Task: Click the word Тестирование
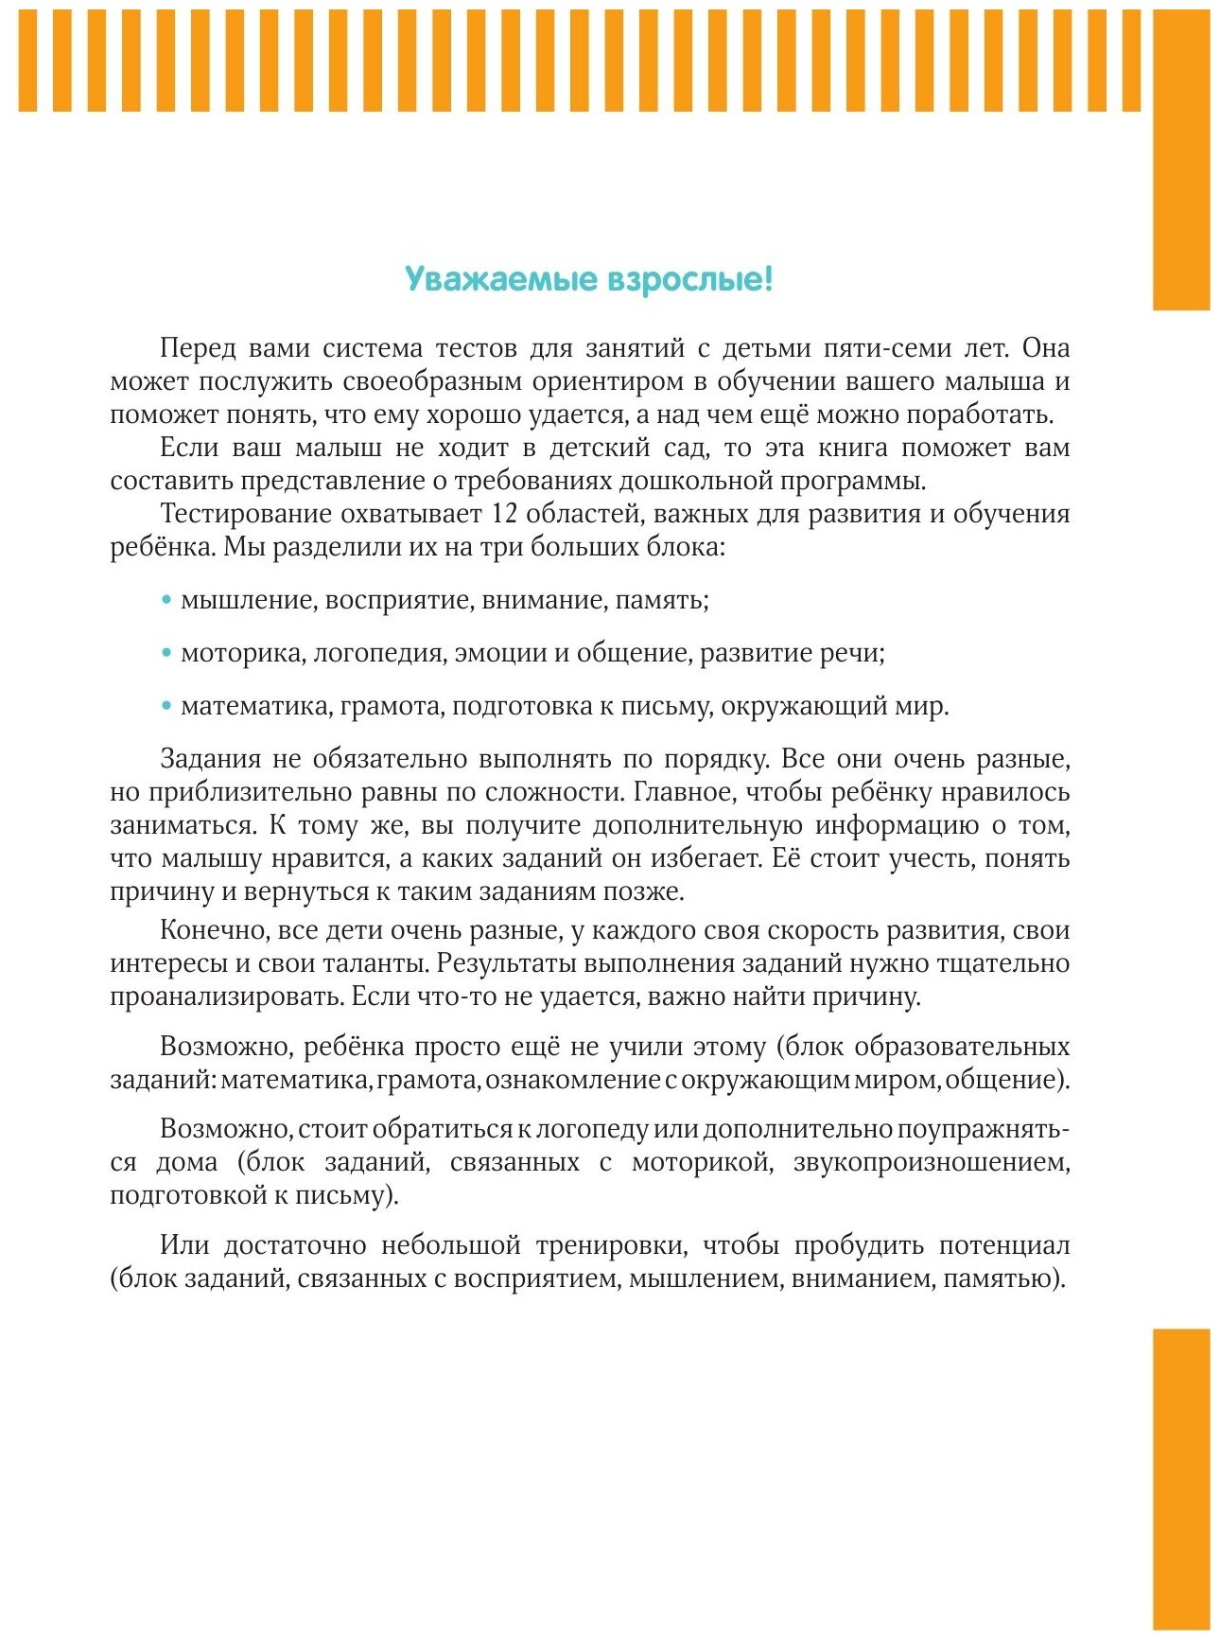click(x=241, y=514)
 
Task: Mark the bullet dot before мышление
click(x=166, y=599)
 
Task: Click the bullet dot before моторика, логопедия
click(x=166, y=652)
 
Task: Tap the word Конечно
click(x=214, y=930)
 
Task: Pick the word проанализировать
click(x=226, y=996)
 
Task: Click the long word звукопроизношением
click(x=931, y=1162)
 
